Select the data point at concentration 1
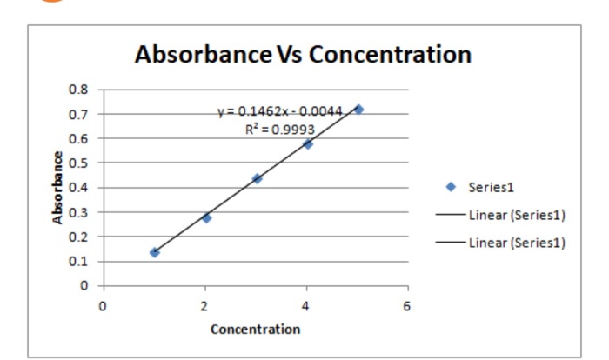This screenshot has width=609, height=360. click(155, 252)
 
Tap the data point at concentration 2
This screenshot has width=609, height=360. click(206, 217)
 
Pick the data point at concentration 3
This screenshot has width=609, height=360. click(257, 178)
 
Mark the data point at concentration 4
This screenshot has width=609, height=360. click(308, 143)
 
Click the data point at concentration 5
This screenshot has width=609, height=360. click(358, 110)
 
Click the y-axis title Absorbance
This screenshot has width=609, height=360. click(58, 188)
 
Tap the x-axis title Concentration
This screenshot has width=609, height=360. click(255, 330)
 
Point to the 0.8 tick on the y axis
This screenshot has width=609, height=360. click(78, 90)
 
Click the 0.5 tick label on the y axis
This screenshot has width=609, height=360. click(78, 163)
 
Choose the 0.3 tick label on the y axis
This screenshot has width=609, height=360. click(78, 212)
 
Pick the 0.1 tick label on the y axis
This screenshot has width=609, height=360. click(78, 261)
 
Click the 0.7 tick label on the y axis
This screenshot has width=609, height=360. click(78, 114)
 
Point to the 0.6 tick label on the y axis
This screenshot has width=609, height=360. click(78, 138)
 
